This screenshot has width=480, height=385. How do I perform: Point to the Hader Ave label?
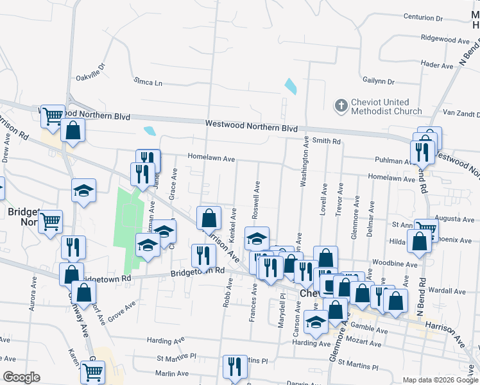coord(438,65)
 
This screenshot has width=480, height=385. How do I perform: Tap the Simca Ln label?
coord(148,82)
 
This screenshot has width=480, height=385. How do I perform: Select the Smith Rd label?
coord(327,141)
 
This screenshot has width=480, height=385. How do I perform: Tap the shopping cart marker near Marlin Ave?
coord(93,370)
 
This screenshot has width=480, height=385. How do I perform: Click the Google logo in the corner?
coord(21,377)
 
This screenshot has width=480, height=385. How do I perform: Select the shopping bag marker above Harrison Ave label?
coord(209,218)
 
